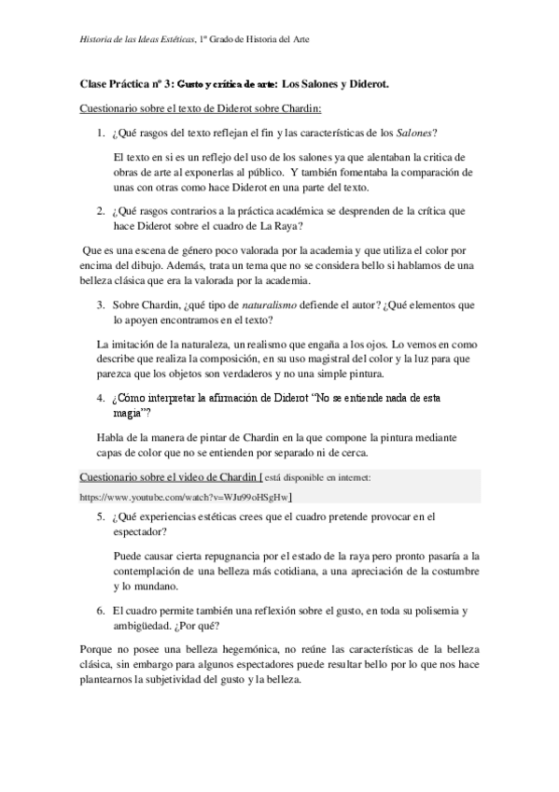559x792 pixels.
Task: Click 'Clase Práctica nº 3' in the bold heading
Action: coord(128,84)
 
